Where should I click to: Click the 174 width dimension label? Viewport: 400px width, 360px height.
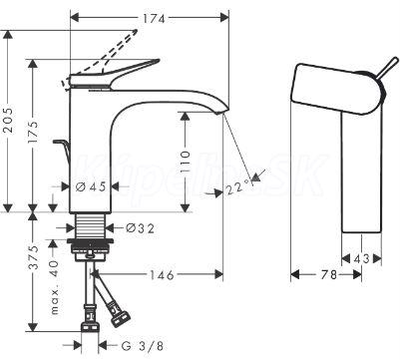point(154,19)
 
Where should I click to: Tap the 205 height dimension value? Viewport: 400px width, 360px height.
point(9,120)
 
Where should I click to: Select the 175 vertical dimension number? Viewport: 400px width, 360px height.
point(33,133)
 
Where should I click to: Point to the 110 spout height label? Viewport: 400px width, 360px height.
point(186,163)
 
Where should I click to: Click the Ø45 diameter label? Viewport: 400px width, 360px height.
point(91,186)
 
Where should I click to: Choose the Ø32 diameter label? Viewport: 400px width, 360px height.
point(140,228)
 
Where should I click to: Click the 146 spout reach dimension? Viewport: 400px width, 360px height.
point(162,275)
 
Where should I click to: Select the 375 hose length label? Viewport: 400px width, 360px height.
point(33,257)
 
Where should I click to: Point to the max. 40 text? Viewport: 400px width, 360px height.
point(54,287)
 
